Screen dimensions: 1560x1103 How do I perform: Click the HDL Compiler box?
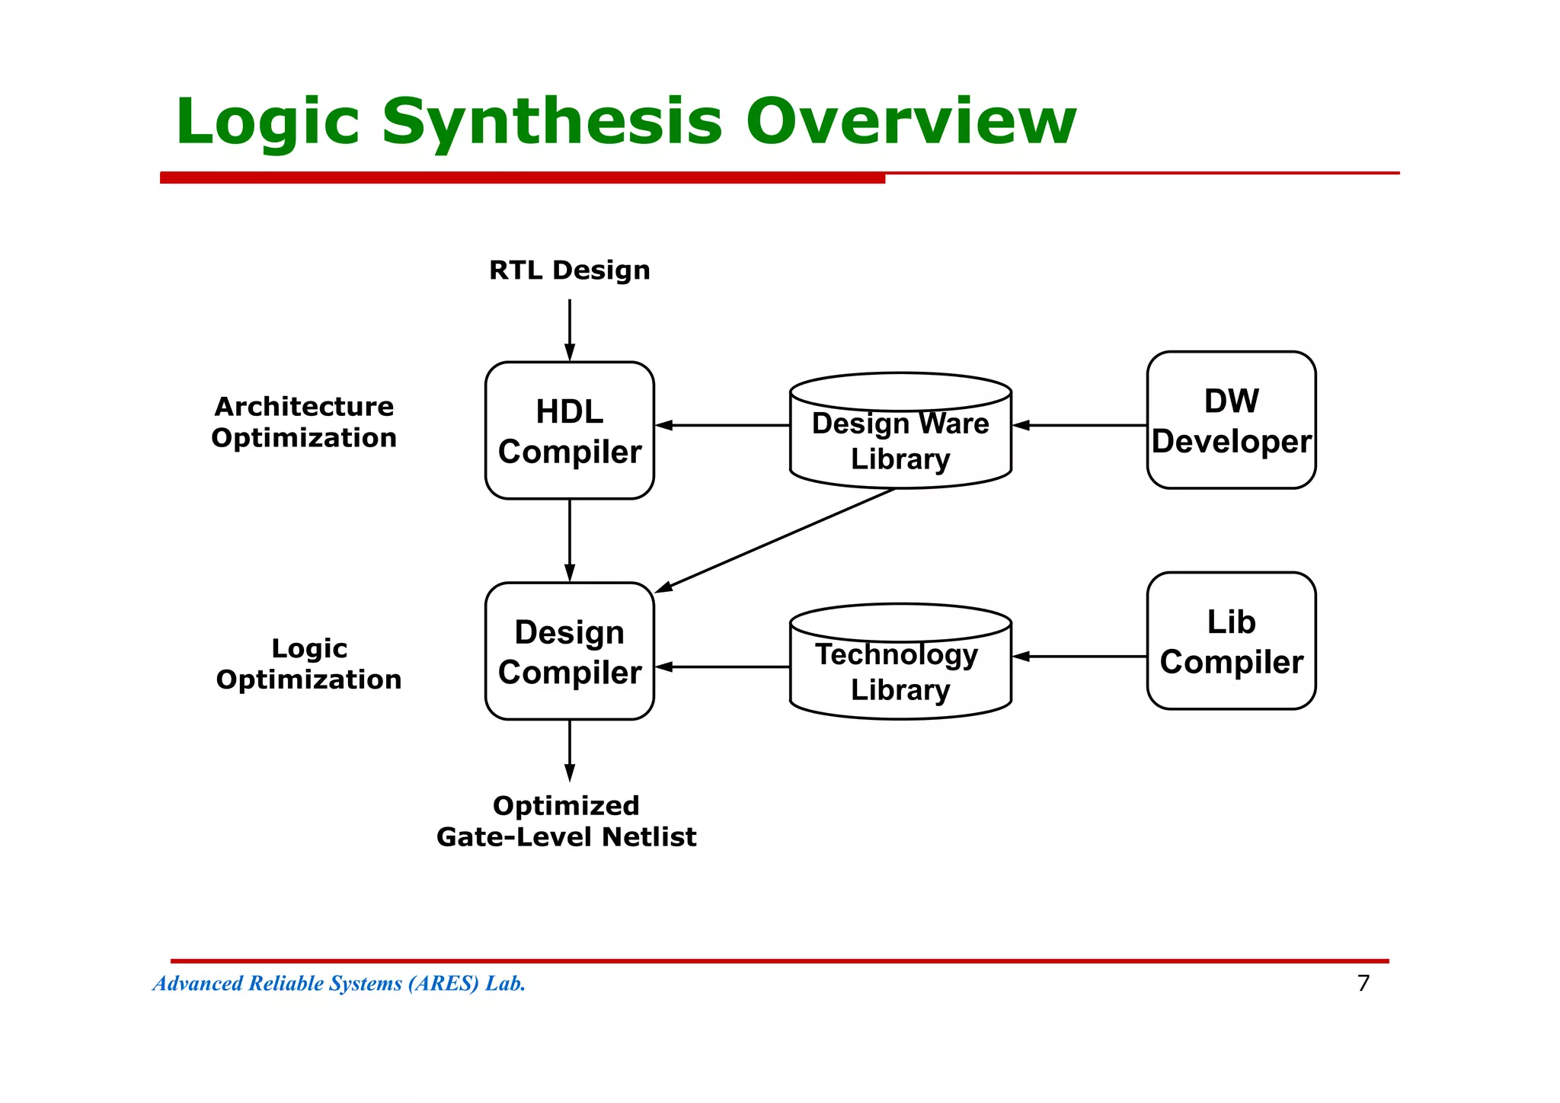(x=570, y=430)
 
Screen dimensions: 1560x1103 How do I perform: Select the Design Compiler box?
(x=570, y=651)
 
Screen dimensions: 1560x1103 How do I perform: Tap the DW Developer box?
(x=1232, y=420)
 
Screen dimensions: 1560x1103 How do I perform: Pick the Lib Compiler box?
(x=1232, y=641)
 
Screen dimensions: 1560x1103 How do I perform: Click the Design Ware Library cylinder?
(x=901, y=430)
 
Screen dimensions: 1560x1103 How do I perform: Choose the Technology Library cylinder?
(x=901, y=661)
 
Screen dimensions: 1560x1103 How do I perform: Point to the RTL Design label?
(x=570, y=270)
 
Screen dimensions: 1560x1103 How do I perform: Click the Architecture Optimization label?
(x=304, y=422)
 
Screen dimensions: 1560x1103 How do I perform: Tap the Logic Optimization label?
(x=308, y=663)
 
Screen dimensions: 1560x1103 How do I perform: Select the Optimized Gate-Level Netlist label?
(x=567, y=821)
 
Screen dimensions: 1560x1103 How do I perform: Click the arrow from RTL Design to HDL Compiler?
(x=570, y=330)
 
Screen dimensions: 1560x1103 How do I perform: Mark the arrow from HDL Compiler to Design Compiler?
(x=570, y=541)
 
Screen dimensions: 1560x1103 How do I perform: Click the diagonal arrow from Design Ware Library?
(x=775, y=540)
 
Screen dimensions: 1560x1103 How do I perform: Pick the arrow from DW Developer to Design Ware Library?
(x=1079, y=425)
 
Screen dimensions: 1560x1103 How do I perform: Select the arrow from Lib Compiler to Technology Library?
(x=1079, y=656)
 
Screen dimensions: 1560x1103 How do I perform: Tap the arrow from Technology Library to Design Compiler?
(x=722, y=667)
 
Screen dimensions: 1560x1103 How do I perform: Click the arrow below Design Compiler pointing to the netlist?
(x=570, y=751)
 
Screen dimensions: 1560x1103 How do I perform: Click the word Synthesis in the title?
(x=551, y=122)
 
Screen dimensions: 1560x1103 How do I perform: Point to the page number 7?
(x=1363, y=983)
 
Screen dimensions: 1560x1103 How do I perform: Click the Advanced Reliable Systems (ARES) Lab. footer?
(x=340, y=983)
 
